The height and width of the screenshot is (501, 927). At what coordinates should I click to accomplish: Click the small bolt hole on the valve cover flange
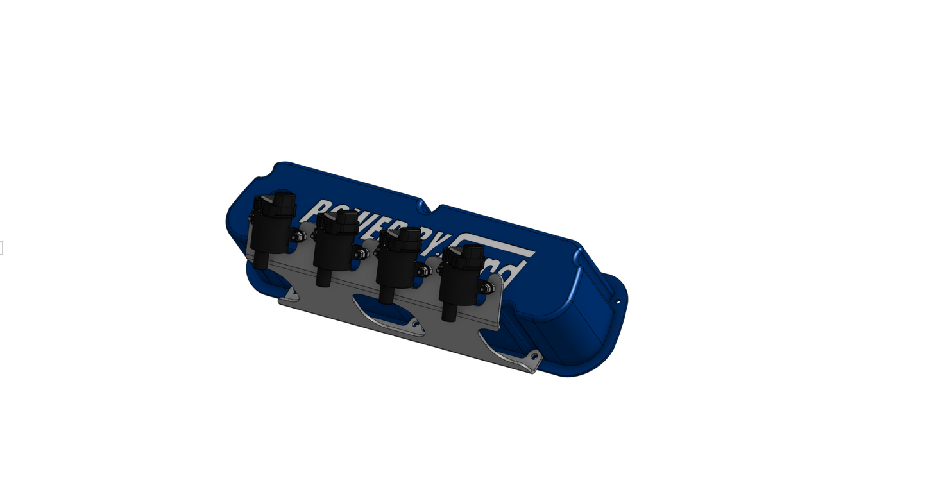click(618, 302)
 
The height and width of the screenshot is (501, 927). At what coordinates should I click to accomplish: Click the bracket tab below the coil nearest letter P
click(291, 296)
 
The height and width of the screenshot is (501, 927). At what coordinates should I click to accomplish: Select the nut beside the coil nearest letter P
click(298, 237)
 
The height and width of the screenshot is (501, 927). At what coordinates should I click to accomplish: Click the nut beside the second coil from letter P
click(361, 253)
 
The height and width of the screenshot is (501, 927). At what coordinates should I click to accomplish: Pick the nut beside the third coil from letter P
click(423, 271)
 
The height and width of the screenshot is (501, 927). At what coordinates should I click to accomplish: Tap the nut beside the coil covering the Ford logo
click(487, 289)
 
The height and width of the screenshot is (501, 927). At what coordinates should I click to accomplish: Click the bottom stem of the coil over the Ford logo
click(449, 313)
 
